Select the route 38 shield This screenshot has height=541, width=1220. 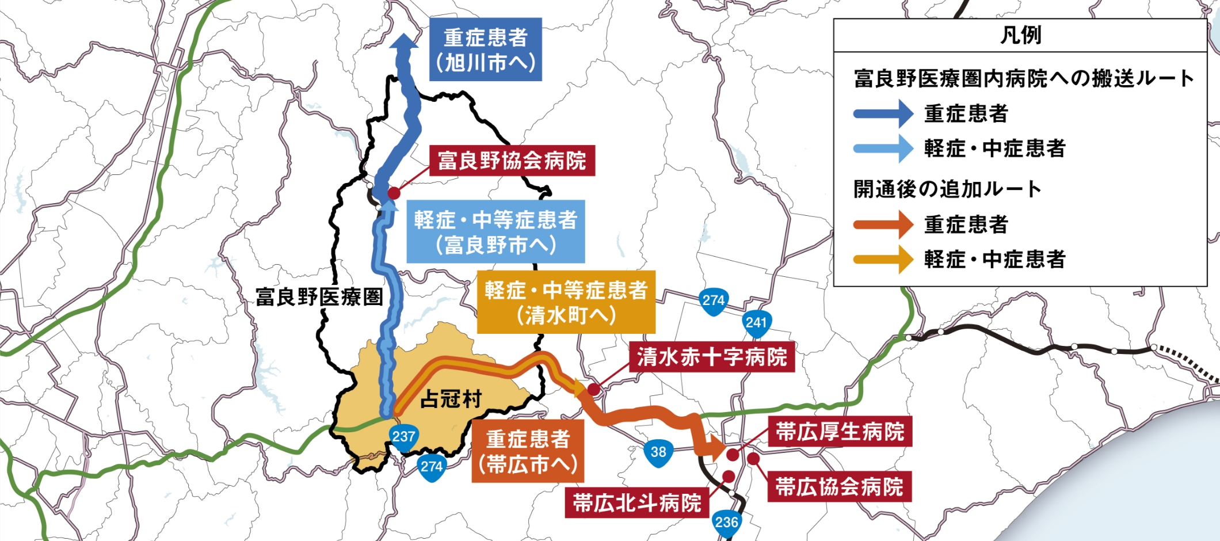[658, 453]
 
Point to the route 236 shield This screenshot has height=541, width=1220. [726, 523]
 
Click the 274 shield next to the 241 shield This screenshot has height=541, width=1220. [714, 301]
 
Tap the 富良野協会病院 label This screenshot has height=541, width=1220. [512, 161]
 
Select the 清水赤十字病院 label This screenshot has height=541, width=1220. [712, 357]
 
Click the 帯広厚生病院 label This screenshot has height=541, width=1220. [840, 432]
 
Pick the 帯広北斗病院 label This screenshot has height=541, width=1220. [636, 503]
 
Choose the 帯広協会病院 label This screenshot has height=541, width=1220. [839, 487]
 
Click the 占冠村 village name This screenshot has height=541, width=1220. [451, 398]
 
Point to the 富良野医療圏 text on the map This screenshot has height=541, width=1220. [319, 297]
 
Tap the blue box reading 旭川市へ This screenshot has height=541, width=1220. [486, 49]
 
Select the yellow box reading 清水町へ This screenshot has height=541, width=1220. [566, 302]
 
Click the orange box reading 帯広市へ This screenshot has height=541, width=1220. [528, 451]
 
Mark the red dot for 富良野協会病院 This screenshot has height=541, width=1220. [394, 193]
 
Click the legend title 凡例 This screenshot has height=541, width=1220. [1020, 35]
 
